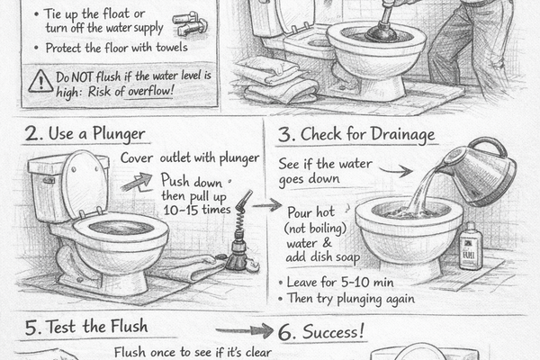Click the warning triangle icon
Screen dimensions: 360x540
point(40,82)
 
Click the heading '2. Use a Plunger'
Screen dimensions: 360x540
point(85,135)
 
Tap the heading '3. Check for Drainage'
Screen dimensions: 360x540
point(356,134)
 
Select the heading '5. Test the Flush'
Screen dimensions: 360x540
point(86,326)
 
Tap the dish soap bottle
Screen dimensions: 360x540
point(470,247)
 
